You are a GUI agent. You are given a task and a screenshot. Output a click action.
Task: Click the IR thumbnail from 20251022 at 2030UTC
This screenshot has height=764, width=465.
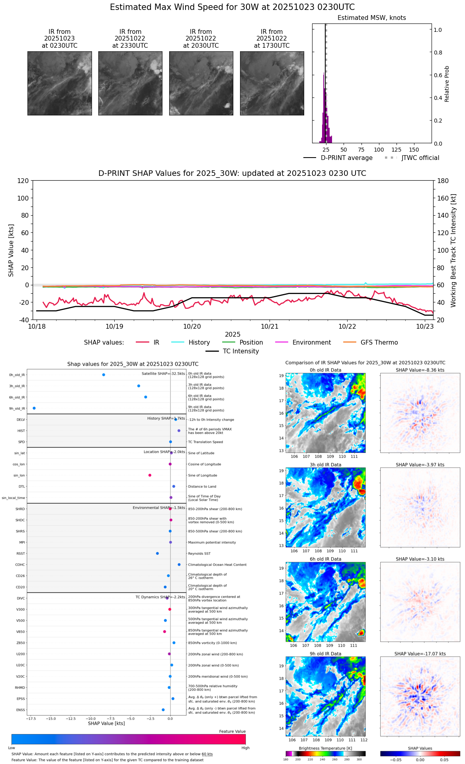coord(201,83)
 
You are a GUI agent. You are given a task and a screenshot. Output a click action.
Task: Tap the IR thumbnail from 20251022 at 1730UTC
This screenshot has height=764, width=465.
coord(272,83)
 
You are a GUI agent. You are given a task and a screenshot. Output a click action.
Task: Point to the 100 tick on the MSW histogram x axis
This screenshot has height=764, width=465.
coord(379,150)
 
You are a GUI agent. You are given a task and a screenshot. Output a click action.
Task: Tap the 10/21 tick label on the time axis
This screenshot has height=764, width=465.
coord(270,327)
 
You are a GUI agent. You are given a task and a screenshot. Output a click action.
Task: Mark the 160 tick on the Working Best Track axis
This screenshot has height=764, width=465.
coord(443,198)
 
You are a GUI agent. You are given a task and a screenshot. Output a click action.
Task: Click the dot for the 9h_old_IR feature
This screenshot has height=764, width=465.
coord(34,408)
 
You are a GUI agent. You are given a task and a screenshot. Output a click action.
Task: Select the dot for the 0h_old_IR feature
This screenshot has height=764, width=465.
coord(104,375)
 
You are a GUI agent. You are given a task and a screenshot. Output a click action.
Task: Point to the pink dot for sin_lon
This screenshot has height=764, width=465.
coord(150,475)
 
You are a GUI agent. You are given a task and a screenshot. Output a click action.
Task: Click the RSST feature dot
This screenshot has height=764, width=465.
coord(157,554)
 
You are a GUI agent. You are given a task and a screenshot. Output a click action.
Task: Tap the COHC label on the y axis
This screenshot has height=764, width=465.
coord(20,565)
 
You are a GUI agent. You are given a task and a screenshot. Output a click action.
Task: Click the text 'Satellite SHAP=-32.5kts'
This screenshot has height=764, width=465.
coord(163,374)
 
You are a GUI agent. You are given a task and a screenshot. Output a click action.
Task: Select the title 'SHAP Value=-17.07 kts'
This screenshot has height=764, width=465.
coord(420,654)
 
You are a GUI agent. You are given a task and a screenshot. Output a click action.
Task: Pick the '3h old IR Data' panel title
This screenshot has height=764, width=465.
coord(325,465)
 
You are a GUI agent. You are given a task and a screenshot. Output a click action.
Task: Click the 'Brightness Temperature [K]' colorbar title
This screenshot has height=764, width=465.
coord(325,748)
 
